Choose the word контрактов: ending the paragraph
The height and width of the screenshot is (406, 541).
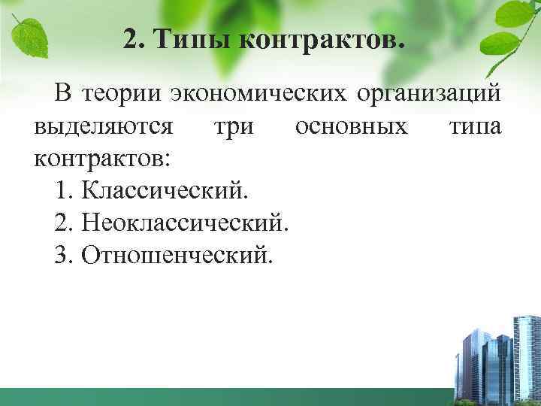(x=102, y=159)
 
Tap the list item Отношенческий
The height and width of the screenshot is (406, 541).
(x=178, y=256)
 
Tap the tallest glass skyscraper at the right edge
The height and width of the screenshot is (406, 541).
(x=527, y=353)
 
